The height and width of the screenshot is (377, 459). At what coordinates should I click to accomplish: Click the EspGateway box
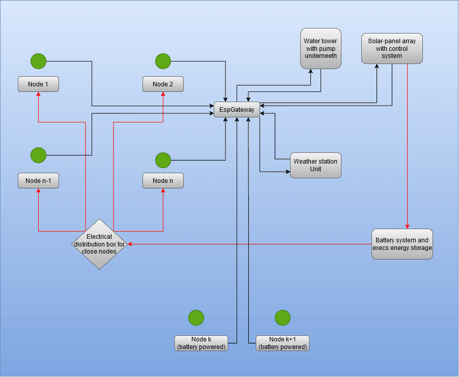click(x=237, y=110)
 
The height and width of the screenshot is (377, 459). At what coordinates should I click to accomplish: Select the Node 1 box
click(x=38, y=84)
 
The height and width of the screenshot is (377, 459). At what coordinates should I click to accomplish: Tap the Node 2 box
click(x=163, y=84)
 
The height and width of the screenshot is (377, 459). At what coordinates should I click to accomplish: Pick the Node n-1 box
click(x=38, y=180)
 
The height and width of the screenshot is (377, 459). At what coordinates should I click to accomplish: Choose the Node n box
click(x=163, y=180)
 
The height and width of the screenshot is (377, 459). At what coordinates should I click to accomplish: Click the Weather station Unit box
click(x=315, y=165)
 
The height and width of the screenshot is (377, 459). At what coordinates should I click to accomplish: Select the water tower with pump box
click(x=321, y=48)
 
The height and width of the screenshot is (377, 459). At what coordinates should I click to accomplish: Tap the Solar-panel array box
click(x=392, y=48)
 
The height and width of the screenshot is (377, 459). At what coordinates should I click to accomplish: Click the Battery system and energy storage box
click(x=402, y=244)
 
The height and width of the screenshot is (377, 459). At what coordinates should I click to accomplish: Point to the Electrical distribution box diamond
click(x=99, y=244)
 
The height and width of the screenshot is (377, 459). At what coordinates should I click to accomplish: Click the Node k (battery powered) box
click(x=201, y=343)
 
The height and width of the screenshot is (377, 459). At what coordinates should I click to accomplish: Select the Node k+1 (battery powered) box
click(x=282, y=343)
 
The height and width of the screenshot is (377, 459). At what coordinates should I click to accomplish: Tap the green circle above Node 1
click(x=38, y=61)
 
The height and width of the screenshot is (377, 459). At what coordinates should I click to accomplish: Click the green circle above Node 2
click(x=163, y=61)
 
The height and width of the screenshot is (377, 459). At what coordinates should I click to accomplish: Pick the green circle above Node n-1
click(x=38, y=155)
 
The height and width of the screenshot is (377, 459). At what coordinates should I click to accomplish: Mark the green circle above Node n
click(x=163, y=160)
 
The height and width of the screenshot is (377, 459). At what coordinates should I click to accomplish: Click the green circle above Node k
click(x=196, y=318)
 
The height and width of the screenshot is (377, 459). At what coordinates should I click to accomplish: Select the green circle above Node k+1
click(x=282, y=318)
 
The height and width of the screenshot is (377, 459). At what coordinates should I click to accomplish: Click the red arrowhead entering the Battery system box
click(x=407, y=226)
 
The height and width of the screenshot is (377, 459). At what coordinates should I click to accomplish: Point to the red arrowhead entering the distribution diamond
click(x=130, y=244)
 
